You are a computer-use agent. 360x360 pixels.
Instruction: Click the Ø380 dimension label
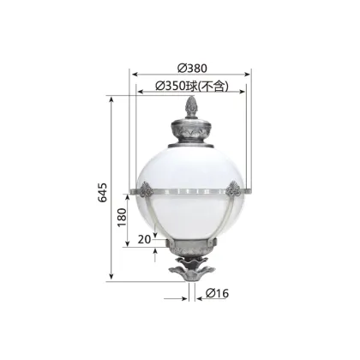[193, 69]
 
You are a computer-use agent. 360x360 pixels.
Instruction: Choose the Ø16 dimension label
[217, 293]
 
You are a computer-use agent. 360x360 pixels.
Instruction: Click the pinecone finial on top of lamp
[192, 108]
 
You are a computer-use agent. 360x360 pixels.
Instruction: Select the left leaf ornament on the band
[142, 190]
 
